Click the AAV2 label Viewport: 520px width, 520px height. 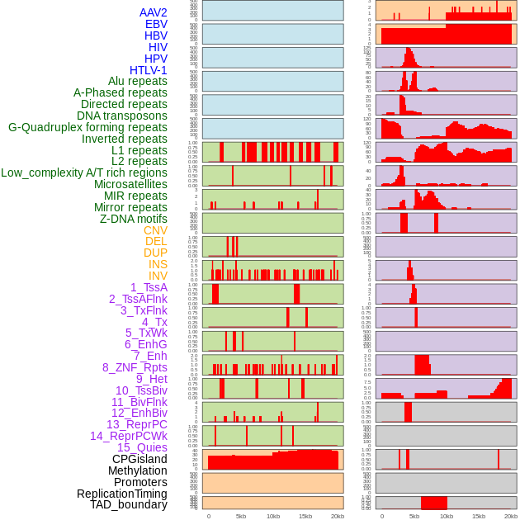(153, 12)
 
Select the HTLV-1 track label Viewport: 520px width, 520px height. (148, 70)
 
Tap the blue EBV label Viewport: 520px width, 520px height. (156, 24)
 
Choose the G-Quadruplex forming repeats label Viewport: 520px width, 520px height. (87, 127)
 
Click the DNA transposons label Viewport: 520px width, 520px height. (122, 116)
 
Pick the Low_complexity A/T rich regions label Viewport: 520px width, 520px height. (84, 173)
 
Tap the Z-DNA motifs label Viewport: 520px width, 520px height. (134, 219)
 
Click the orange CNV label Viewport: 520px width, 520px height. (155, 230)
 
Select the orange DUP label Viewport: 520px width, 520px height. (155, 253)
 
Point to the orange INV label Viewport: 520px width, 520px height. (158, 276)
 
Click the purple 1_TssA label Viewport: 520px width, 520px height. (149, 287)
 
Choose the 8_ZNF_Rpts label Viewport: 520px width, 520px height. (135, 367)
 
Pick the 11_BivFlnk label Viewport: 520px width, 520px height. (139, 402)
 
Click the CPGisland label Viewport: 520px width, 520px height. (139, 459)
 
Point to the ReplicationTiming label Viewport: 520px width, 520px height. (121, 494)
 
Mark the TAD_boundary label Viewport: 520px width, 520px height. (128, 504)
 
